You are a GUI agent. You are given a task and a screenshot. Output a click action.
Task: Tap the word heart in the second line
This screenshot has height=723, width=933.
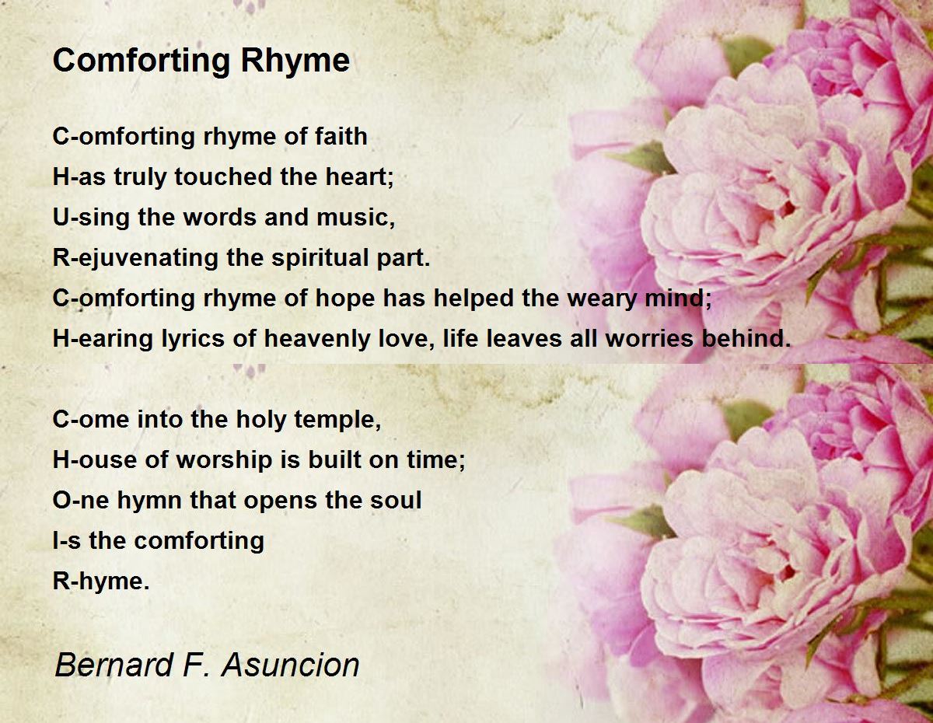(x=359, y=176)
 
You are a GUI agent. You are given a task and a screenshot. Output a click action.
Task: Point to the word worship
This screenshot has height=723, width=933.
(x=224, y=459)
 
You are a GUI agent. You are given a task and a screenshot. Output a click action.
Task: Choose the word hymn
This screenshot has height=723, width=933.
(x=149, y=501)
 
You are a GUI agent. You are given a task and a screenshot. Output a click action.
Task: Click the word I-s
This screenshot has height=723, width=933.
(x=67, y=540)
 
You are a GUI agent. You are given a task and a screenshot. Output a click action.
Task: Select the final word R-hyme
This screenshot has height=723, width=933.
(x=101, y=582)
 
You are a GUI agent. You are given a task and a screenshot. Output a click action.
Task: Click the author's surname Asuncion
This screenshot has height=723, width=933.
(x=291, y=665)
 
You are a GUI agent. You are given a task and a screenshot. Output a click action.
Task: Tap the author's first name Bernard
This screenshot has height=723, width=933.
(x=114, y=665)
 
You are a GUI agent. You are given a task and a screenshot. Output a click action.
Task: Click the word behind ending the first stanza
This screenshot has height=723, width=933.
(x=746, y=339)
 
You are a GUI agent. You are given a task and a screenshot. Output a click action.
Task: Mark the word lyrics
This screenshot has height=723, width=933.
(x=193, y=339)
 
